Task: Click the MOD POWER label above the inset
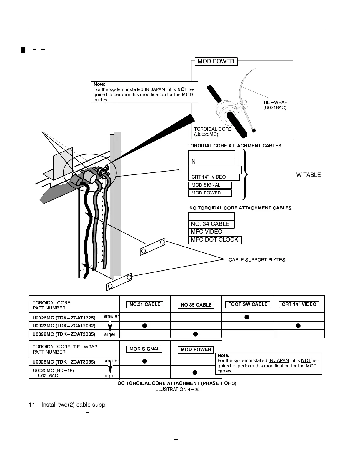[x=216, y=61]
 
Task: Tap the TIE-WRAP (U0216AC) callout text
[x=275, y=105]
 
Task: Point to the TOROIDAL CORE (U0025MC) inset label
[x=213, y=132]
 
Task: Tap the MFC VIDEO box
[x=207, y=232]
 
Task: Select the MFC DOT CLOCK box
[x=214, y=240]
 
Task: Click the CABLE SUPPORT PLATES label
[x=257, y=260]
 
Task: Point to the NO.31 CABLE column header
[x=145, y=304]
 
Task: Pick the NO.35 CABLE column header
[x=196, y=305]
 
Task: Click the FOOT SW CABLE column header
[x=248, y=304]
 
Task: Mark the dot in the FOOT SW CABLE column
[x=247, y=317]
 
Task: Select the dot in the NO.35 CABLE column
[x=195, y=334]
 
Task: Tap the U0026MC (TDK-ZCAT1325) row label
[x=64, y=318]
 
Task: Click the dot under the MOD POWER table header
[x=195, y=372]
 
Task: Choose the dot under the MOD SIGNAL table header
[x=144, y=361]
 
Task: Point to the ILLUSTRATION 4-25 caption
[x=177, y=390]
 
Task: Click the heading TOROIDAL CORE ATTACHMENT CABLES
[x=234, y=146]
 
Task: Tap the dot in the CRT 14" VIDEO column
[x=298, y=325]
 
